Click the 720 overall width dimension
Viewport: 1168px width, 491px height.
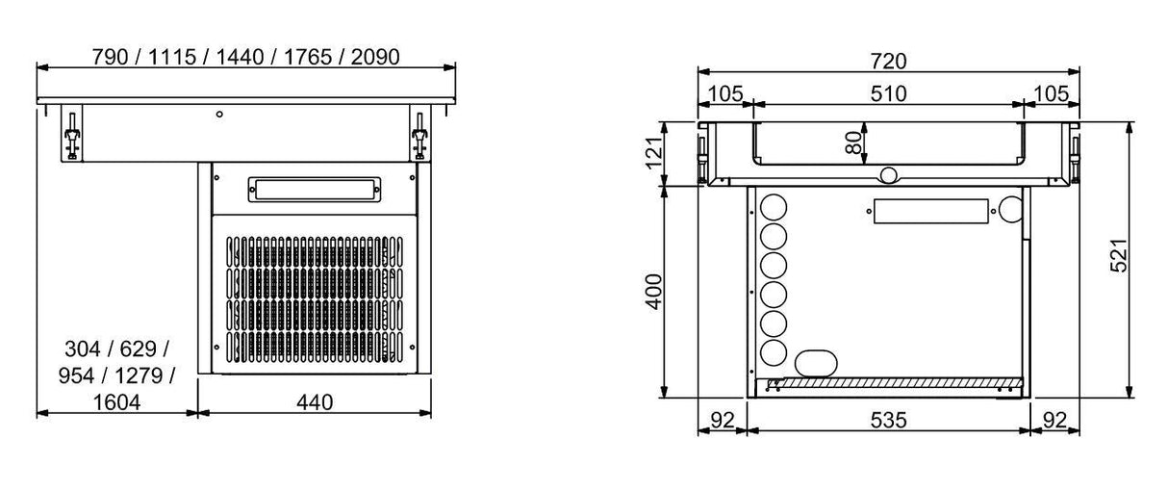click(x=888, y=60)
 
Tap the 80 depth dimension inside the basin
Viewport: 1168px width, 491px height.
click(x=851, y=142)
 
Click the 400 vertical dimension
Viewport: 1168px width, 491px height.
click(x=652, y=291)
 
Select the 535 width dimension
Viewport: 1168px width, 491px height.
click(x=887, y=420)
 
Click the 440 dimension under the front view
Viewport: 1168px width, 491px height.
click(x=315, y=402)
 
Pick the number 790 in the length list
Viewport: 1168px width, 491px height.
click(x=109, y=57)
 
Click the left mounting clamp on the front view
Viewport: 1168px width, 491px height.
click(x=71, y=135)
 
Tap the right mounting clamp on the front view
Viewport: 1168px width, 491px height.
click(x=419, y=136)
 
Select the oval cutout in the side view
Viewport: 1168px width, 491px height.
click(x=815, y=361)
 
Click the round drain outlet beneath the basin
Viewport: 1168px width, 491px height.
click(x=888, y=174)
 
